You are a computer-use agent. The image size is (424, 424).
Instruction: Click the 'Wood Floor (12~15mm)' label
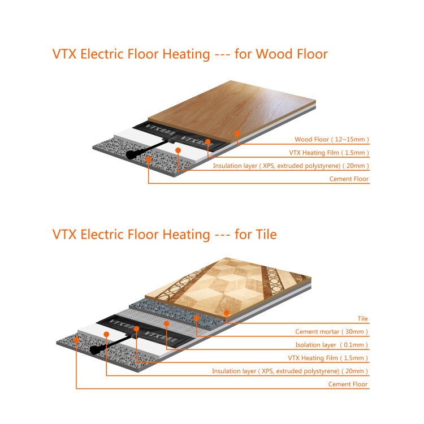point(332,140)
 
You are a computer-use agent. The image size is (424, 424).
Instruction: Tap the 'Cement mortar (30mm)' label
point(331,332)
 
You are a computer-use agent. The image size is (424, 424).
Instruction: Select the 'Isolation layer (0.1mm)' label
point(331,345)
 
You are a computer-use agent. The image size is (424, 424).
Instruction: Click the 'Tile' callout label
point(362,318)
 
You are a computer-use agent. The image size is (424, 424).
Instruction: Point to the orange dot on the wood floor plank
point(237,133)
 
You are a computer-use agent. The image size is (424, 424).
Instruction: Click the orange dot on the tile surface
point(227,313)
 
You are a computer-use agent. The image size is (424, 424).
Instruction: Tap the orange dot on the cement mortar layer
point(197,318)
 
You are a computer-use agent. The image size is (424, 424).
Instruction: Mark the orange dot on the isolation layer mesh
point(167,323)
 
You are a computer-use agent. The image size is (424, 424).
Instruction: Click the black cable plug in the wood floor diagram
point(132,154)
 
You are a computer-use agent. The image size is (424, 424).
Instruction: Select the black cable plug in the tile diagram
point(95,349)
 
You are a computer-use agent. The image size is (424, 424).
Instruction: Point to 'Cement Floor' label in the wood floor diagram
point(349,179)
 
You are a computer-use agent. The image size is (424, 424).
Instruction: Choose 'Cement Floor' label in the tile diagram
point(348,384)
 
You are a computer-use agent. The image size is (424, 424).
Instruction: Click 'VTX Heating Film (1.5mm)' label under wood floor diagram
point(329,153)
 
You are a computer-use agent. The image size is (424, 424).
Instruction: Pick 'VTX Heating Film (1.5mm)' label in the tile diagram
point(328,358)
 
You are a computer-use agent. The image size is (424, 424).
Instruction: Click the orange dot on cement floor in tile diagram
point(76,340)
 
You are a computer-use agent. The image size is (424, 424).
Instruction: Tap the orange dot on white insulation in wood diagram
point(178,150)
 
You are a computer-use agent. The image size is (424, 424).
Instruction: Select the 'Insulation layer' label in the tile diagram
point(234,371)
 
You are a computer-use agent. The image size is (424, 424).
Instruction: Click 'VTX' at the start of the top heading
point(64,54)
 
